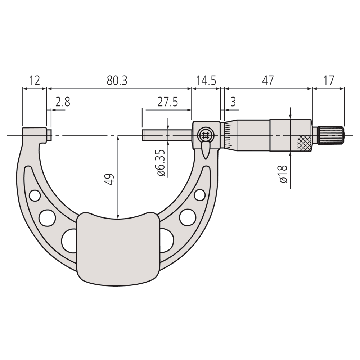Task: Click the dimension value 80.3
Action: point(117,80)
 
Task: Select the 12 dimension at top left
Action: point(34,80)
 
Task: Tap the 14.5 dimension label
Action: point(206,80)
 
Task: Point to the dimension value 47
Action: point(268,80)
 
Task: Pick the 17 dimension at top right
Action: point(328,80)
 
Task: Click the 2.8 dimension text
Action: point(63,102)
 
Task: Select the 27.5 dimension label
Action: point(167,102)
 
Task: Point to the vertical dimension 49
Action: point(110,179)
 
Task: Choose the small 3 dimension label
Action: point(233,102)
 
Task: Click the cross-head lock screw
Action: point(205,136)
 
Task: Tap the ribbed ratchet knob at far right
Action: point(330,135)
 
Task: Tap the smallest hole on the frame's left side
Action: point(35,195)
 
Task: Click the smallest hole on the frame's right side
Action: point(199,195)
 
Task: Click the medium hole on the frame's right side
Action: point(186,216)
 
